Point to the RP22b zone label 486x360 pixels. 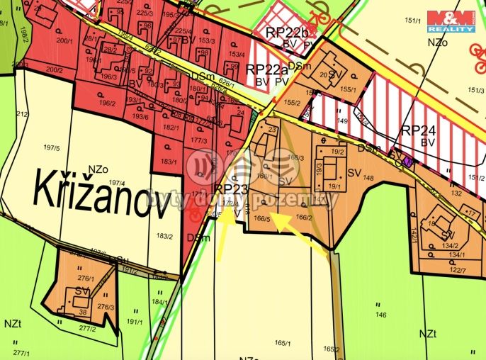288,33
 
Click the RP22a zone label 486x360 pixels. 266,69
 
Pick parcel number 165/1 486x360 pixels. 284,344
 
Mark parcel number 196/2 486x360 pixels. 107,103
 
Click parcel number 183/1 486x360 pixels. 169,162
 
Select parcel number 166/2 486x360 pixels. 304,218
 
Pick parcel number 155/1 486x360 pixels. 347,89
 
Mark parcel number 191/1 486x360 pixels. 135,321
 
